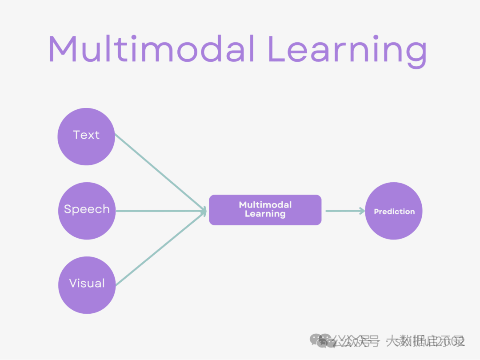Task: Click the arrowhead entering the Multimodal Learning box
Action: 204,211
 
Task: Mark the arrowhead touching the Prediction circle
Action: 361,211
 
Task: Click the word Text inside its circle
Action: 86,135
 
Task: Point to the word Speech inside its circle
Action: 87,209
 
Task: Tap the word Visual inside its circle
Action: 87,283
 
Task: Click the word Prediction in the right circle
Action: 394,212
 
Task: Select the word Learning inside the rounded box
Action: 265,214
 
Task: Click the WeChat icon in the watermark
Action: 321,340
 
